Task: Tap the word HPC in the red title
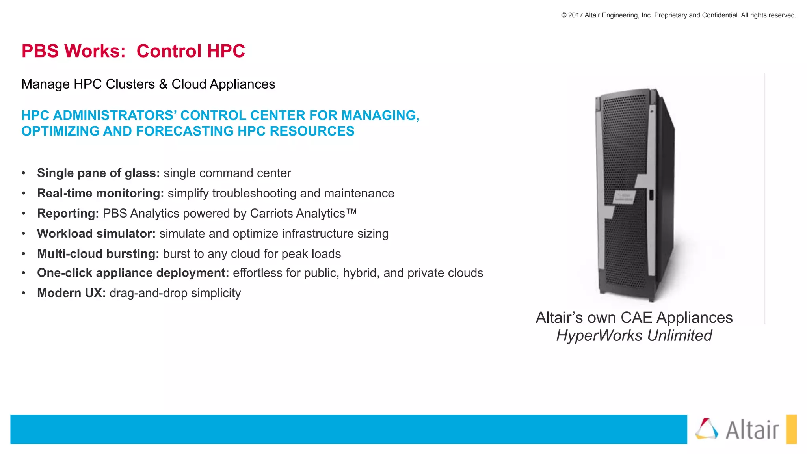226,51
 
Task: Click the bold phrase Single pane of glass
98,173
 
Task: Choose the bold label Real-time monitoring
100,194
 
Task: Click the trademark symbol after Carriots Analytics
351,212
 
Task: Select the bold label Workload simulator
96,234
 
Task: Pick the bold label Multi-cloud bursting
98,254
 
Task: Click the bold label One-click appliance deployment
133,273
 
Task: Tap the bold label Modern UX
71,293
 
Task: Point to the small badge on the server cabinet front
624,197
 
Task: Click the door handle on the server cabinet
651,195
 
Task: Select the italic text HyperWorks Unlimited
634,336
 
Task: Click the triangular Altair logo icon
707,429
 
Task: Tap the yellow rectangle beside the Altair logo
791,429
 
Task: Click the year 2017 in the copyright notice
575,15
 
